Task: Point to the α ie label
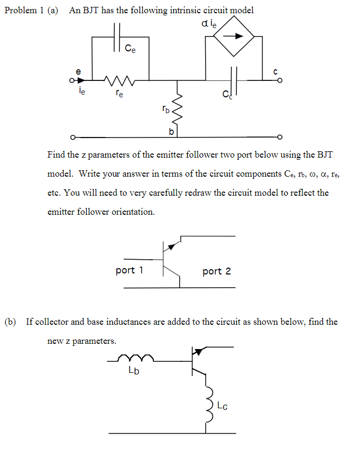[x=209, y=23]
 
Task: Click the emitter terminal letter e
[x=79, y=70]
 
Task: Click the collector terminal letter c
[x=275, y=70]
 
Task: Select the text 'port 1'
[x=130, y=271]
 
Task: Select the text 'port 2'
[x=217, y=271]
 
